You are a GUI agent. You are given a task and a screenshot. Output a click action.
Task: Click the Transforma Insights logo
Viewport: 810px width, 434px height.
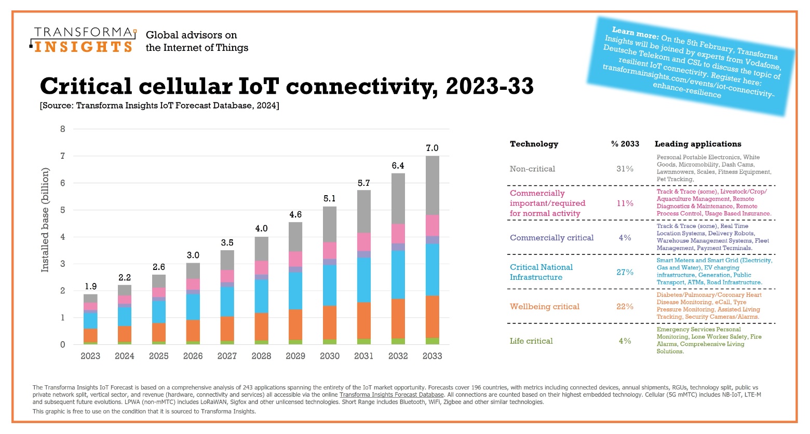(83, 40)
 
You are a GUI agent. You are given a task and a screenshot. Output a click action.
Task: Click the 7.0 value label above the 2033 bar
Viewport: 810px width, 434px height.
(432, 148)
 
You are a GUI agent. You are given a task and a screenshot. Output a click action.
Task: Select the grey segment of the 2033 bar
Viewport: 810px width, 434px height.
(432, 185)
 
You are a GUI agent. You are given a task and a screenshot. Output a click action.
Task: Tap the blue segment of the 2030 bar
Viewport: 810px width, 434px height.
(329, 285)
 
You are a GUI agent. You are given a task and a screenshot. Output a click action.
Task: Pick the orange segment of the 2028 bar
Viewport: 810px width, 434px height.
(261, 327)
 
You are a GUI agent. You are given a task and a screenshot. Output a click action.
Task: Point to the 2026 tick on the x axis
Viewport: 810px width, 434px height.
(193, 356)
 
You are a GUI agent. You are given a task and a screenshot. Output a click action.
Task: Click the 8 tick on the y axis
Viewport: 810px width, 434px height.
(63, 129)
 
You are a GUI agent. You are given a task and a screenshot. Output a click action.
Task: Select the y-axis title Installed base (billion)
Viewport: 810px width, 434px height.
(45, 220)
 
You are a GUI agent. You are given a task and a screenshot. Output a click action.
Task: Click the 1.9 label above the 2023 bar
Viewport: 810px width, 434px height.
(90, 286)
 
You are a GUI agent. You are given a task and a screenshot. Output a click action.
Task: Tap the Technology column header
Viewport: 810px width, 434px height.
(534, 144)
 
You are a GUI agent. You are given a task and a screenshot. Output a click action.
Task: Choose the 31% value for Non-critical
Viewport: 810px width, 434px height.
(625, 169)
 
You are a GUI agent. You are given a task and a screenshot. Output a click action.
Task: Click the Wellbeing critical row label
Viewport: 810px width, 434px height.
(544, 306)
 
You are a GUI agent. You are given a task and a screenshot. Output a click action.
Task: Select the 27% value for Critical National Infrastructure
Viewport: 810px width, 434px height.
(625, 272)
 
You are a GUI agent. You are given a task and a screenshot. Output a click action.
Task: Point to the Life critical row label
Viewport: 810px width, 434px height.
(531, 341)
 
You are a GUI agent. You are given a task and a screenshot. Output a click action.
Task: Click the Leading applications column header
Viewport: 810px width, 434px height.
(697, 144)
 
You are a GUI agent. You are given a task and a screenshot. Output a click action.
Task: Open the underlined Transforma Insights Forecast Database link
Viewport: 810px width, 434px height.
(392, 395)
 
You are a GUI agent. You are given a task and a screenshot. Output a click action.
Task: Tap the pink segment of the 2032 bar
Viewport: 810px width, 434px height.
(398, 234)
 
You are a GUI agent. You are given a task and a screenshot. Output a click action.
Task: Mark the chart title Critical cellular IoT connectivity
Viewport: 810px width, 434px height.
(287, 86)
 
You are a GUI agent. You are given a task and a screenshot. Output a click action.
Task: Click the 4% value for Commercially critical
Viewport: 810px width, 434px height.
(625, 238)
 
